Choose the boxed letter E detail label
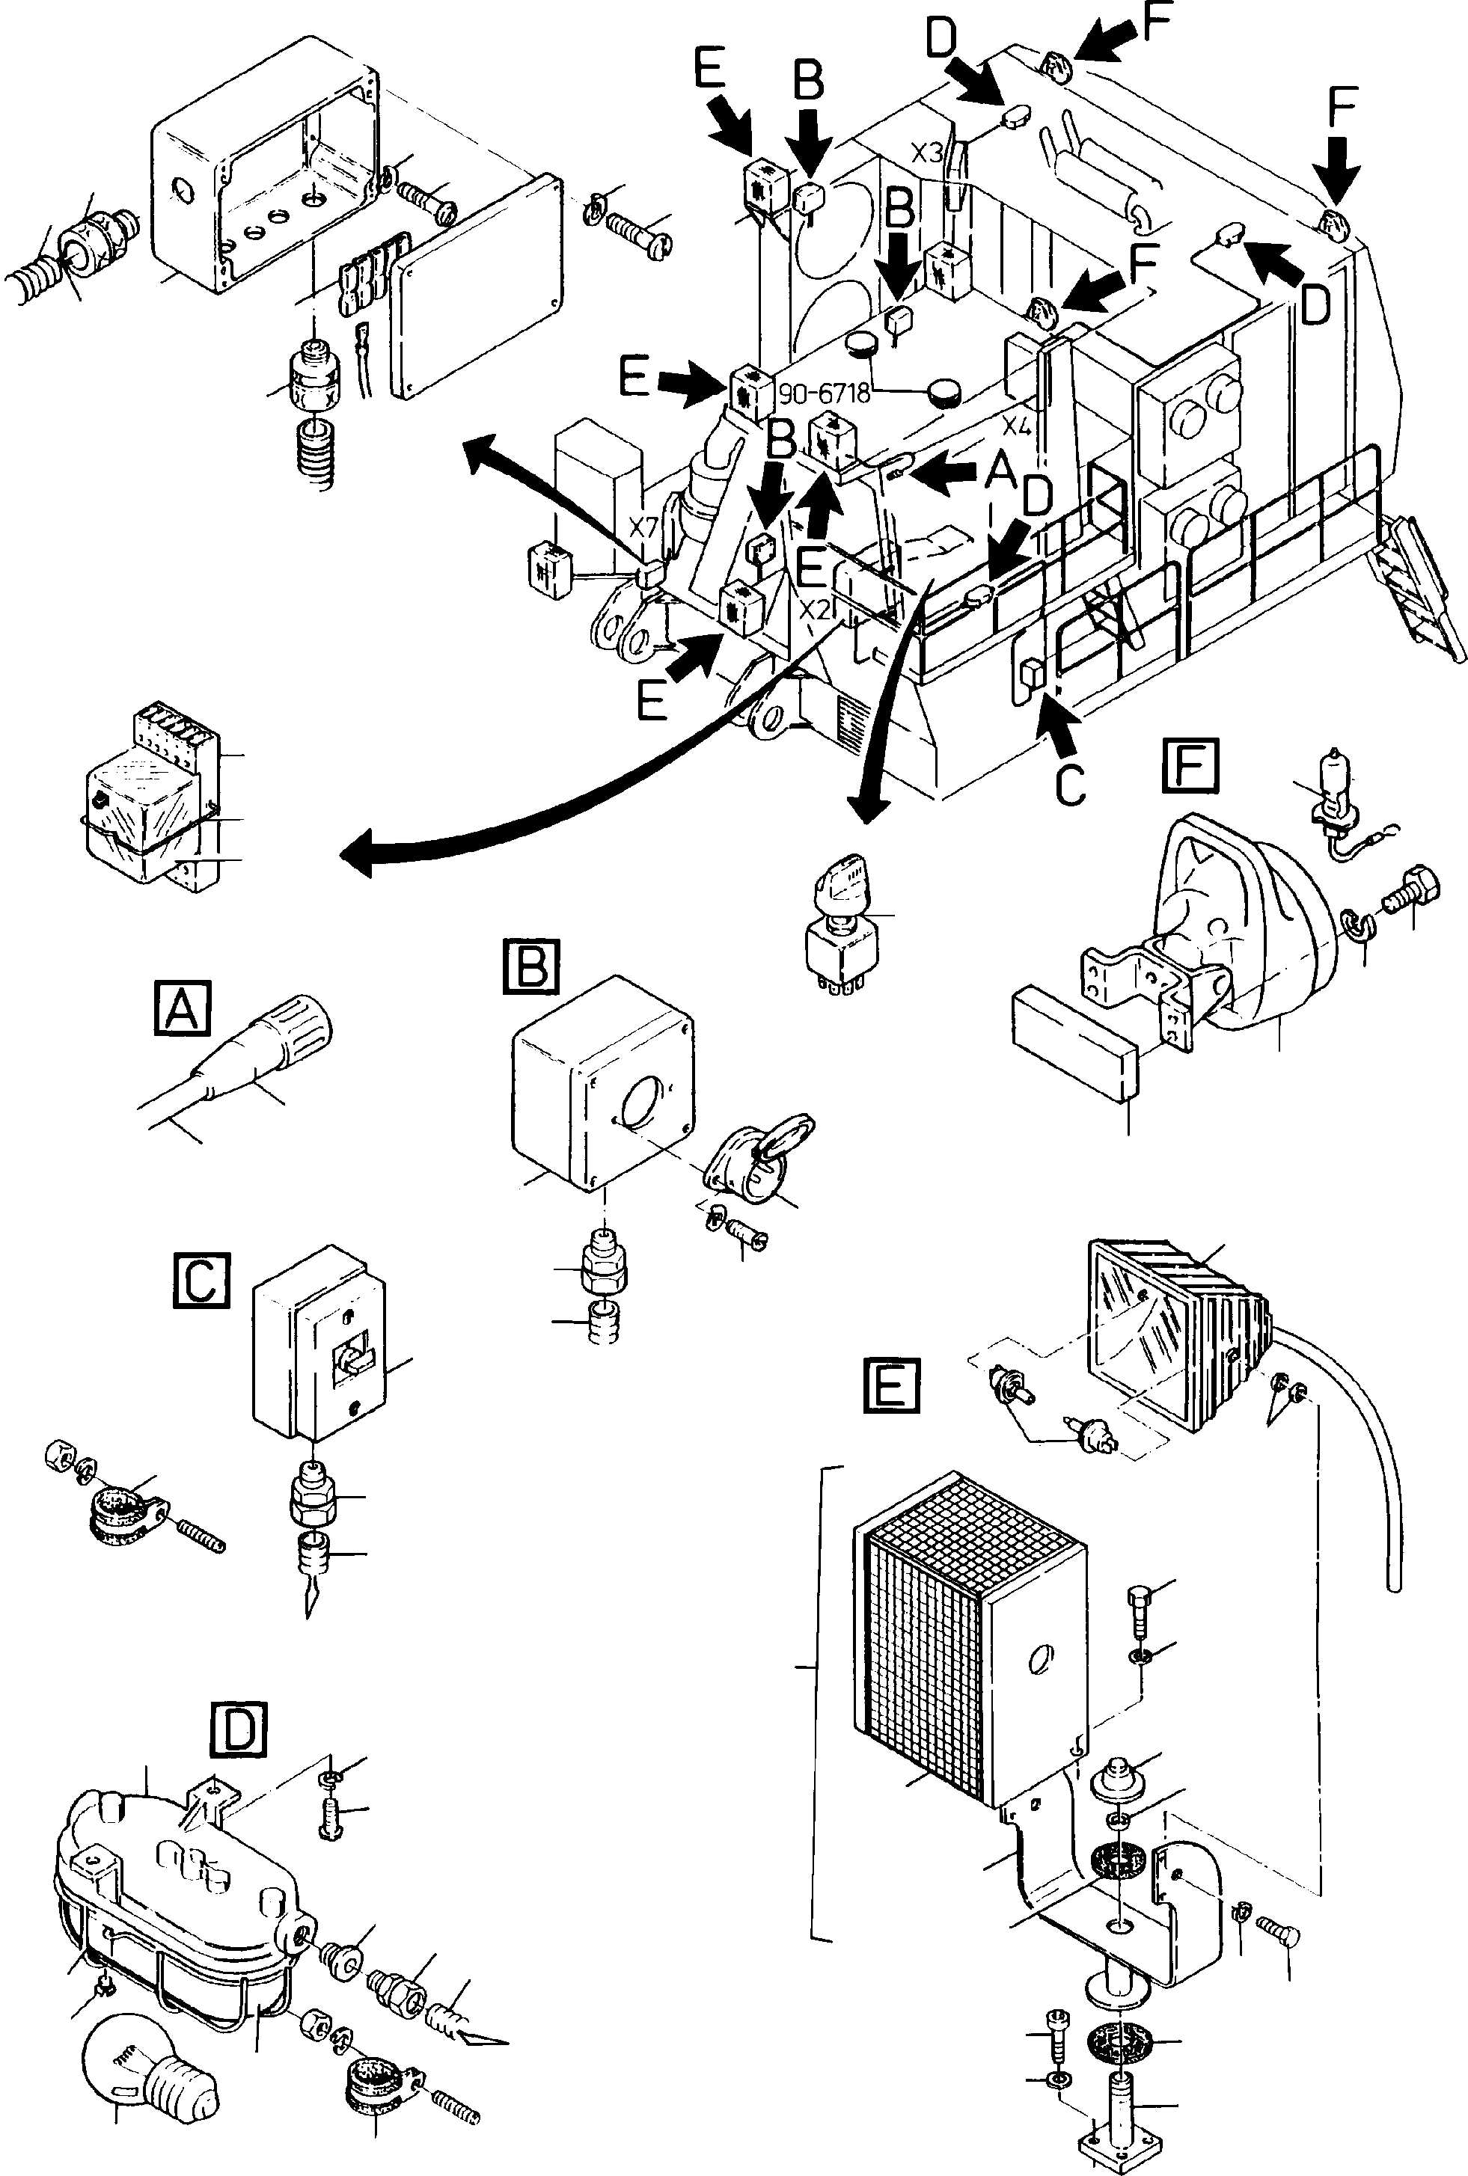pos(890,1386)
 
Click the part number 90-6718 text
pos(824,393)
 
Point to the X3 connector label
pos(927,153)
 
